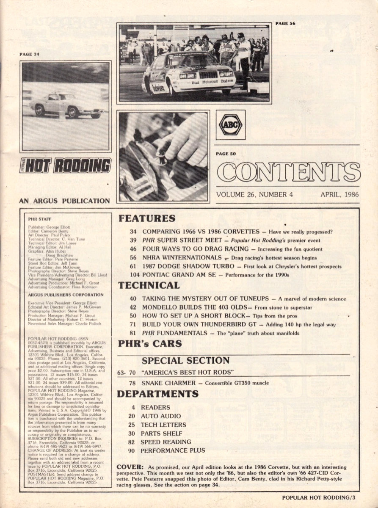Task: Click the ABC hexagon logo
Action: tap(230, 125)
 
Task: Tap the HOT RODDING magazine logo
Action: tap(66, 166)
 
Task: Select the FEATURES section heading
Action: tap(146, 219)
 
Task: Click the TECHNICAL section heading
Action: tap(149, 285)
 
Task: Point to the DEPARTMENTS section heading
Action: tap(157, 394)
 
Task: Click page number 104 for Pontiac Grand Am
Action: tap(132, 275)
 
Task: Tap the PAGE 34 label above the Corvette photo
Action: tap(29, 54)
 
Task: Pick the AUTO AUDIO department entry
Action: tap(160, 416)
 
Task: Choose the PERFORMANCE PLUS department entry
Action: tap(172, 450)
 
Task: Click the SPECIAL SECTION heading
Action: tap(185, 361)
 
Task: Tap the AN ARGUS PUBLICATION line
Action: tap(64, 201)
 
